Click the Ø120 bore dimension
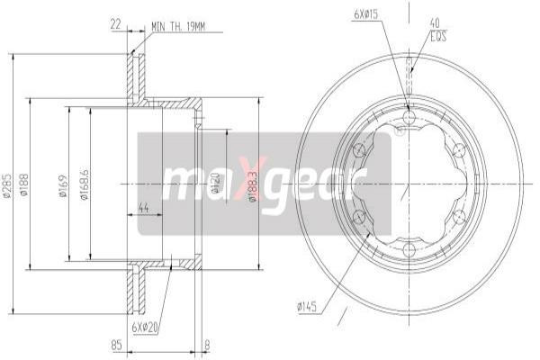pos(216,184)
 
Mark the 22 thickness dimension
pos(116,24)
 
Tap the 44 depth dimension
pos(143,208)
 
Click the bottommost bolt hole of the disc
pos(409,247)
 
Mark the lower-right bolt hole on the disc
pos(459,216)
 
